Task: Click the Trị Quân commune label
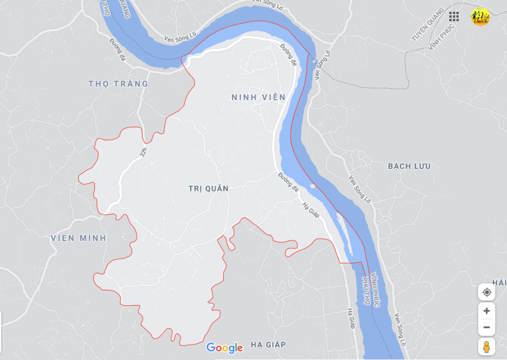208,188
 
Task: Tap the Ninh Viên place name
258,97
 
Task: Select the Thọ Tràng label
118,83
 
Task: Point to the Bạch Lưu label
409,166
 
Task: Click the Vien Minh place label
78,238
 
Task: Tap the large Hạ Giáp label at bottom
268,344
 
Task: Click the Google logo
224,348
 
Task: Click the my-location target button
486,292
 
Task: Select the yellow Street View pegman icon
486,346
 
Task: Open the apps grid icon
454,16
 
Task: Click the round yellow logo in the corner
480,17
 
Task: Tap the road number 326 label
144,152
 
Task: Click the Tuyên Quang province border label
427,25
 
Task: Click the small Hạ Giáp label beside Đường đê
310,209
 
